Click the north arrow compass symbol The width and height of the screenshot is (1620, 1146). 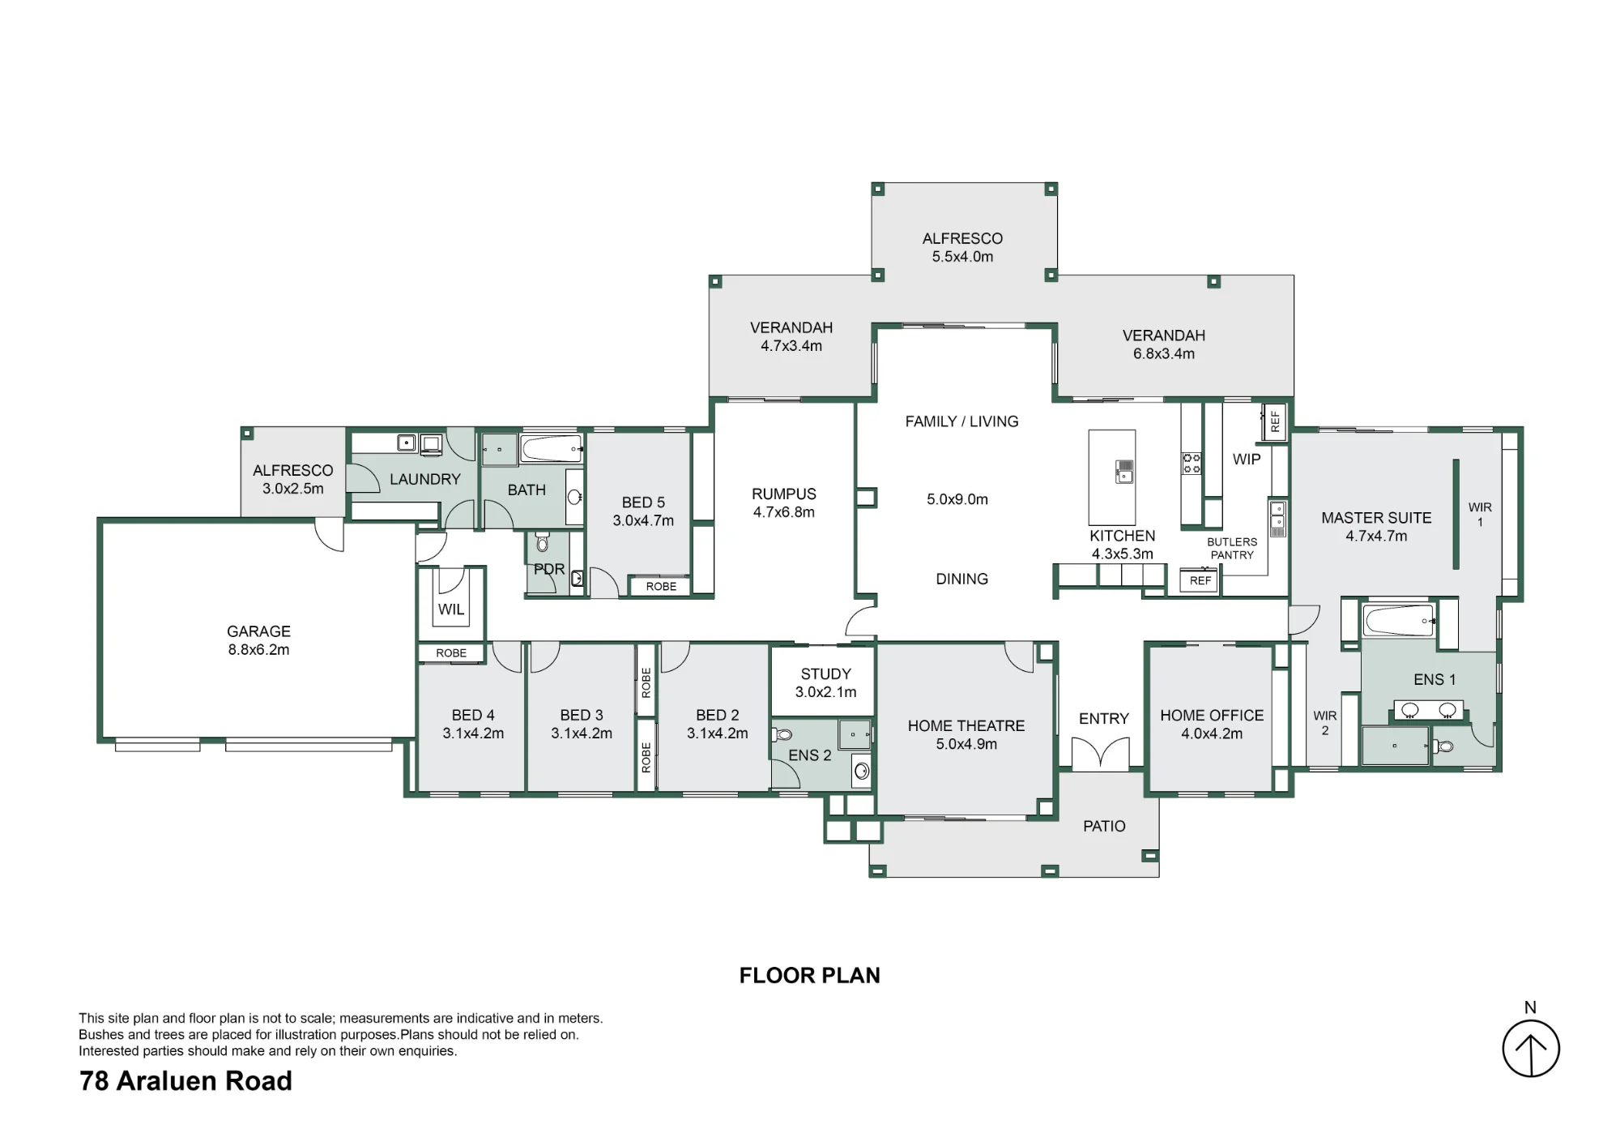1531,1048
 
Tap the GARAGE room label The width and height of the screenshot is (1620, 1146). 258,631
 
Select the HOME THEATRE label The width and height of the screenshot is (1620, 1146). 966,726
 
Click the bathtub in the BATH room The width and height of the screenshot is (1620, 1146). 551,448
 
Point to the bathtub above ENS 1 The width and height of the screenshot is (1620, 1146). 1399,621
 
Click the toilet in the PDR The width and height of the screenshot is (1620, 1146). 543,541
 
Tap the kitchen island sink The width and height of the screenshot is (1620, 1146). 1124,472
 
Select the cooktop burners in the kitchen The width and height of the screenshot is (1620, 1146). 1192,464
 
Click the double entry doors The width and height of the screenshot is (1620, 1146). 1100,754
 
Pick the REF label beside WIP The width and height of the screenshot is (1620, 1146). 1275,421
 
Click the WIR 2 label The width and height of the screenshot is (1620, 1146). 1325,723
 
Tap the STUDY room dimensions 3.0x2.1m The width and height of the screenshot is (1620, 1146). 826,692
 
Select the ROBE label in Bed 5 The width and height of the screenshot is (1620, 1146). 661,587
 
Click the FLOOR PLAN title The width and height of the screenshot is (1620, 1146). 810,976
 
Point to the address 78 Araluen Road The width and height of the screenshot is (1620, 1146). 185,1081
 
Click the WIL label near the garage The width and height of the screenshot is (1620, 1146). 451,609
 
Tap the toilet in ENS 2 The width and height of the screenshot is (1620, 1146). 782,735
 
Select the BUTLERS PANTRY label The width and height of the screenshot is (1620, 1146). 1232,549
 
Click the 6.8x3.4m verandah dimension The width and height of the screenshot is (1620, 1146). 1164,354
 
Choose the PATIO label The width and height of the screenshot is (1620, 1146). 1104,826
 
